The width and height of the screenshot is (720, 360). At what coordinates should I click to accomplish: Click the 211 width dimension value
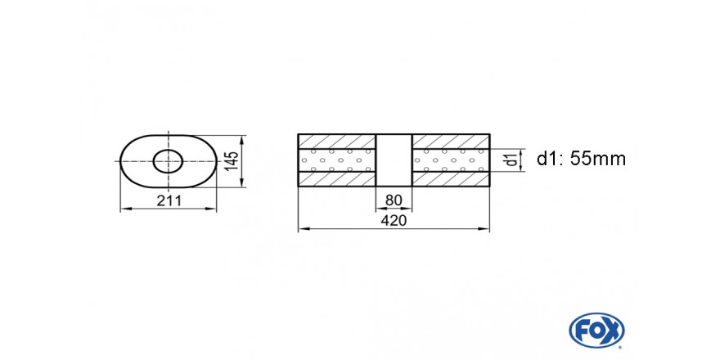tap(169, 200)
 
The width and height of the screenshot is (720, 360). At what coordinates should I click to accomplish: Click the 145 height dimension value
tap(232, 161)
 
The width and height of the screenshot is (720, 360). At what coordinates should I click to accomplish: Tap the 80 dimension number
tap(394, 200)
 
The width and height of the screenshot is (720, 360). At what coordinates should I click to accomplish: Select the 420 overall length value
tap(394, 221)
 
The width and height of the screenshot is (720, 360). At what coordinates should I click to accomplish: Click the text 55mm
tap(598, 159)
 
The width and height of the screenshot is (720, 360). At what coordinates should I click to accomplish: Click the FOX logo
tap(596, 331)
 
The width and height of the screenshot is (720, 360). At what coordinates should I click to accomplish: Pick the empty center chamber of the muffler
tap(394, 160)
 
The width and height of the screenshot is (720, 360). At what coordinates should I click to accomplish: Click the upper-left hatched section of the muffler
tap(337, 142)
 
